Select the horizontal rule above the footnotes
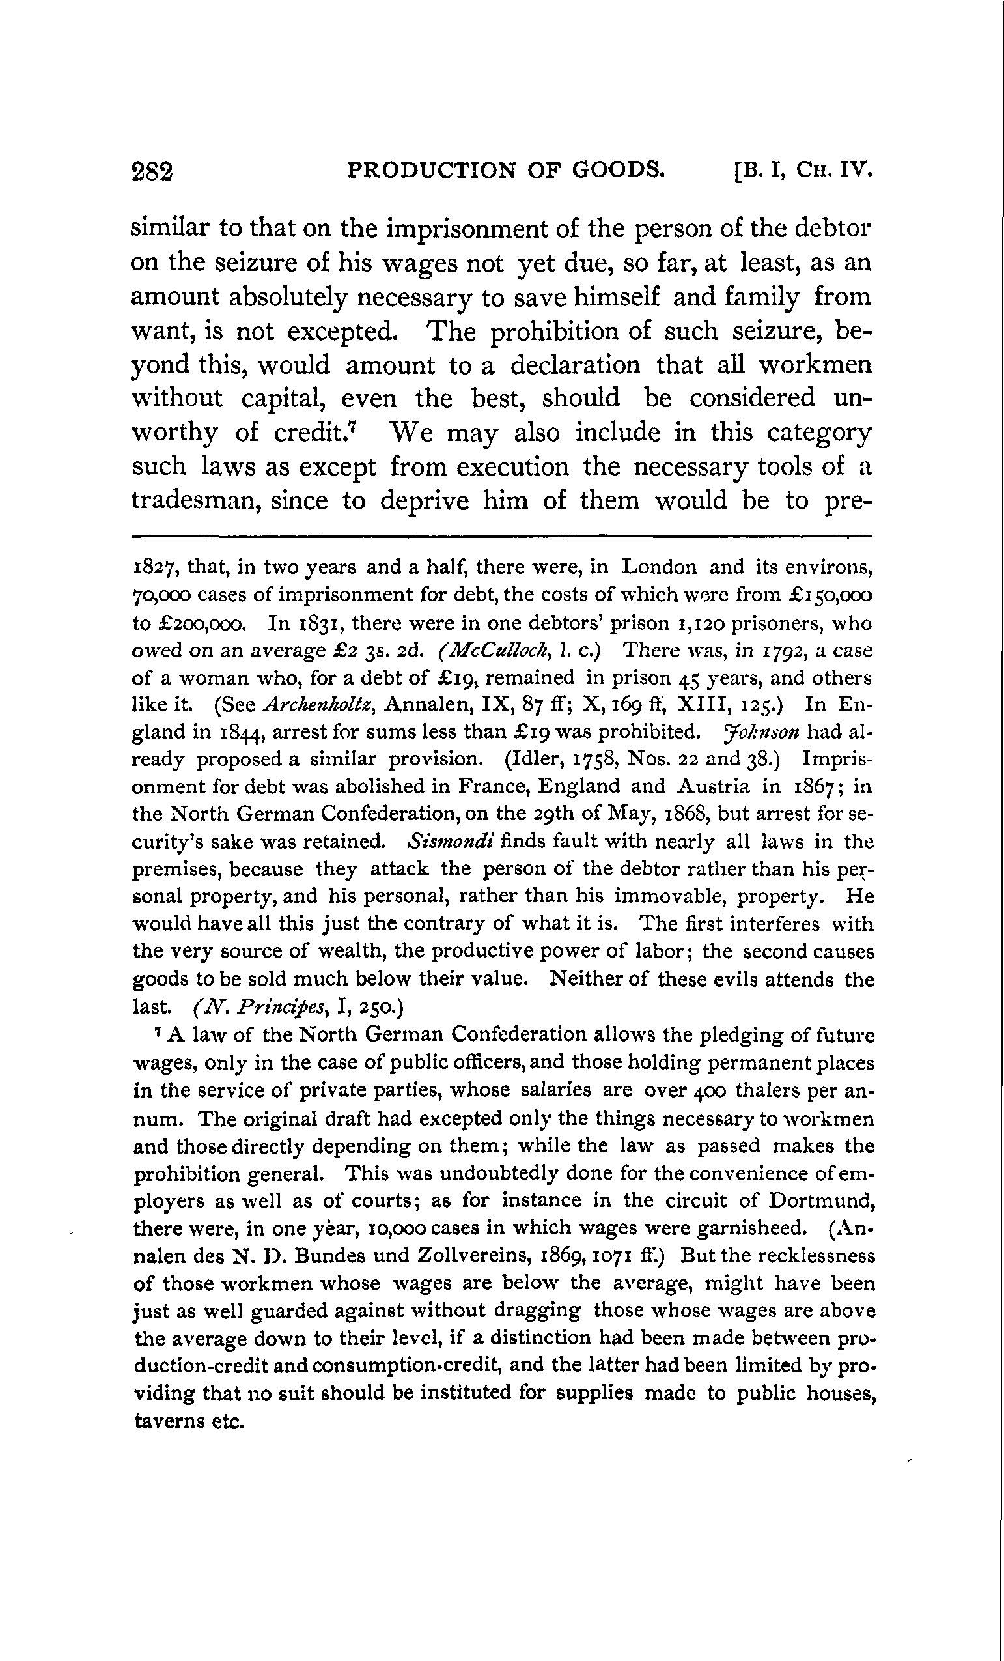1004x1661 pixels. pos(501,537)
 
